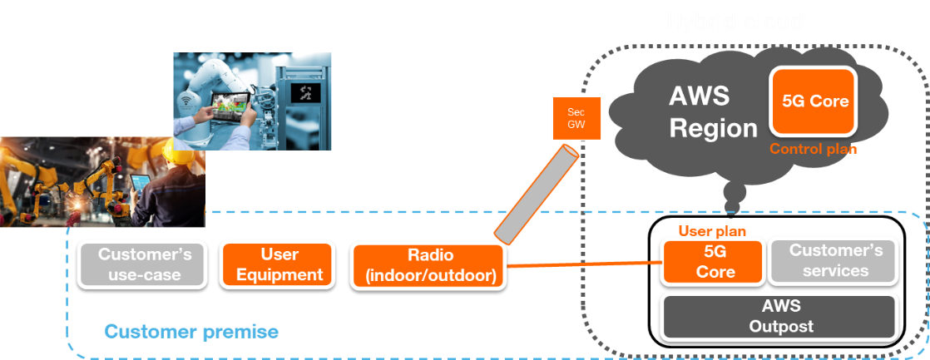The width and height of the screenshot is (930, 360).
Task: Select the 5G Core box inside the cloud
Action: (815, 101)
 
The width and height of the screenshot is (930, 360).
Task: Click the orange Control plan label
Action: (813, 150)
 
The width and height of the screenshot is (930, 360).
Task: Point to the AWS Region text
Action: (712, 112)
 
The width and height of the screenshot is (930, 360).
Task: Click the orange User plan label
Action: (712, 231)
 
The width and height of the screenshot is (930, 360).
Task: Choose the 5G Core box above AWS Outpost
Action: (712, 262)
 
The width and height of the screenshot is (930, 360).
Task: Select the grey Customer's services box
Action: (832, 261)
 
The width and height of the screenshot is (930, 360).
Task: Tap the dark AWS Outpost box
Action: (779, 316)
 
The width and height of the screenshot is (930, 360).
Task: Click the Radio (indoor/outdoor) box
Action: (428, 265)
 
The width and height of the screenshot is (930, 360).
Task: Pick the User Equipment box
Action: (279, 264)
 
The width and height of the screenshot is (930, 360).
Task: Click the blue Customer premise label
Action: (190, 333)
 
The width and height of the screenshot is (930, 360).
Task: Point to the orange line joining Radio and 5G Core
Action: (582, 265)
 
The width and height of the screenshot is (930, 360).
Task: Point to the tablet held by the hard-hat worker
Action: (140, 181)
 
